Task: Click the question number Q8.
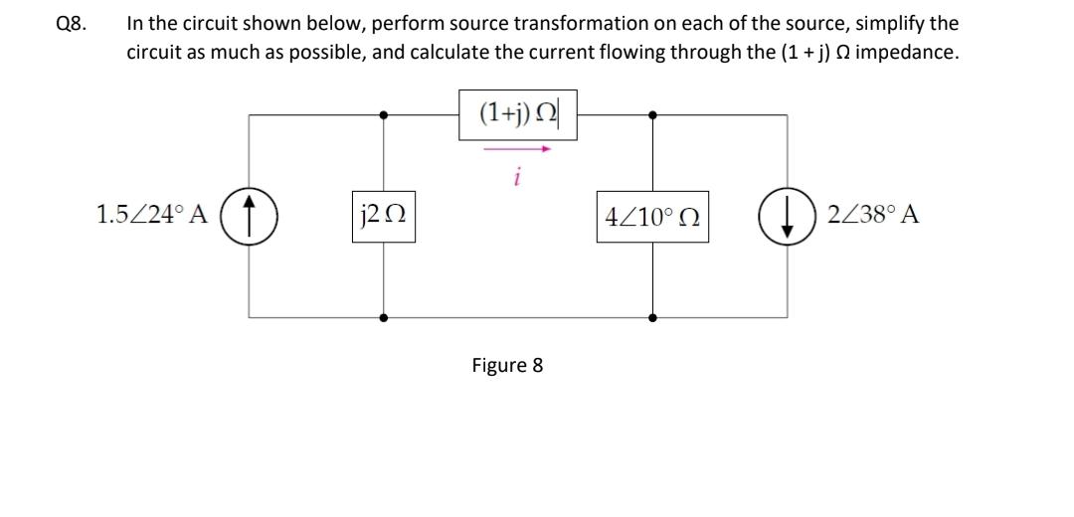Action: [x=71, y=24]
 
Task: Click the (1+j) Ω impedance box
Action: [x=518, y=114]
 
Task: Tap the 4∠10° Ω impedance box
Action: [x=652, y=215]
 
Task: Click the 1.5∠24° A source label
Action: [x=151, y=215]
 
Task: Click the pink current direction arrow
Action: [x=518, y=149]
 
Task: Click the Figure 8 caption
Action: [x=507, y=365]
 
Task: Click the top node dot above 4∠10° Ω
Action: [x=652, y=114]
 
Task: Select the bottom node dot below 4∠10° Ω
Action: [x=652, y=317]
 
